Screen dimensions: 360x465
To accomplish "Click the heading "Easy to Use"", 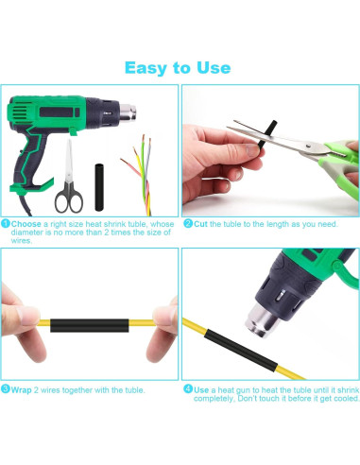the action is point(178,68).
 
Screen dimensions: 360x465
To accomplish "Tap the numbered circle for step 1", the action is point(6,224).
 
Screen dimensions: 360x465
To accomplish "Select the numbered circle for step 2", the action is point(188,223).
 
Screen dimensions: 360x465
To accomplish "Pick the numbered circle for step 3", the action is point(6,388).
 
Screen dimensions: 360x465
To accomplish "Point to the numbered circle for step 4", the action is point(188,388).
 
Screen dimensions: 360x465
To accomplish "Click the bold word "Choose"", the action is point(26,224).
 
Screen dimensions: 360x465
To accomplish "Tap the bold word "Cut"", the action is point(200,224).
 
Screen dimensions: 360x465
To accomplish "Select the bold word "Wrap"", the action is point(21,390).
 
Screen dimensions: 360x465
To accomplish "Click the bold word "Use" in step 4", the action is point(201,390).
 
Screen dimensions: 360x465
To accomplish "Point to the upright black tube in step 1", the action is point(99,187).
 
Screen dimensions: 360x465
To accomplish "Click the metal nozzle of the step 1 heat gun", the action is point(129,112).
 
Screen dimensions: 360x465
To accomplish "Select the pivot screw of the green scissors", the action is point(308,146).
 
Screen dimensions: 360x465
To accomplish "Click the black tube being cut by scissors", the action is point(266,133).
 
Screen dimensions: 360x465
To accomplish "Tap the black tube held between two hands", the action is point(90,325).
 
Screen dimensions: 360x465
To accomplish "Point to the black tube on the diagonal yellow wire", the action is point(241,350).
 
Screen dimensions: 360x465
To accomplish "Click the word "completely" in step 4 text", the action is point(214,399).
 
